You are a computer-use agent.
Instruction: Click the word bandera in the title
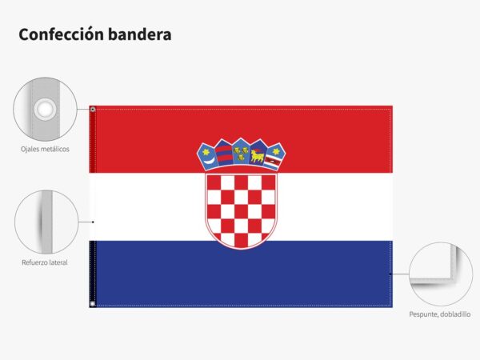tap(139, 34)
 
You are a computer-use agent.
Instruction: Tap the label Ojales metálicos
tap(45, 149)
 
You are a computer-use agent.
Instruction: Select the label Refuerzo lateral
tap(45, 262)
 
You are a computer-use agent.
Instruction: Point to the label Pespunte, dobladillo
tap(440, 314)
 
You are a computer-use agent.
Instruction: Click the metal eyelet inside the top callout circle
tap(45, 109)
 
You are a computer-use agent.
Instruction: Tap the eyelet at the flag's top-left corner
tap(93, 110)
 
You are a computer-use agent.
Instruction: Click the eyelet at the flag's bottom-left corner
tap(93, 304)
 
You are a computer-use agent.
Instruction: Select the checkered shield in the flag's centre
tap(241, 211)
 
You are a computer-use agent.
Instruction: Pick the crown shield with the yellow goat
tap(258, 153)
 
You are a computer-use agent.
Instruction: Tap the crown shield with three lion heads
tap(241, 151)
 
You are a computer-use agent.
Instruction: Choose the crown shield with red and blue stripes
tap(224, 153)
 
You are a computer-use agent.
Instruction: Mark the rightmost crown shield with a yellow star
tap(275, 156)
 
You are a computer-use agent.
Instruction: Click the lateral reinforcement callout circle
tap(46, 222)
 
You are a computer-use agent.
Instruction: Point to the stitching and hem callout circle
tap(441, 274)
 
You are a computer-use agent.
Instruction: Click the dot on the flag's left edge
tap(93, 222)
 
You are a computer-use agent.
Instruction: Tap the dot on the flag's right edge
tap(390, 274)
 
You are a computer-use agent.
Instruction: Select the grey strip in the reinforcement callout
tap(47, 222)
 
